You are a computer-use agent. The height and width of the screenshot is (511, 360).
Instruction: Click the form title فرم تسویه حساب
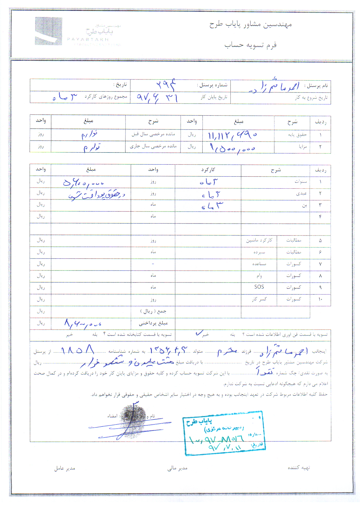coord(250,45)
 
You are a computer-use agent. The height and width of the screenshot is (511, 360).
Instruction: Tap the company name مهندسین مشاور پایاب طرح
coord(250,25)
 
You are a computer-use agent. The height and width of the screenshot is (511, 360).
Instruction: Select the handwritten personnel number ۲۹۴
coord(166,85)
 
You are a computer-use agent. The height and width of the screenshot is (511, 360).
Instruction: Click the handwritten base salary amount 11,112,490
coord(232,135)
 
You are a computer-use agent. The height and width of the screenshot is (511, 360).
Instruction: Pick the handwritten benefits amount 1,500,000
coord(232,148)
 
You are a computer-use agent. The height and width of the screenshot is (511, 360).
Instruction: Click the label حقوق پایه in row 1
coord(297,135)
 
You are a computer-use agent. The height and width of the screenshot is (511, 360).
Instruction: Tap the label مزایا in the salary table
coord(303,147)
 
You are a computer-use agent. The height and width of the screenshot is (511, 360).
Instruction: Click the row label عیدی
coord(301,194)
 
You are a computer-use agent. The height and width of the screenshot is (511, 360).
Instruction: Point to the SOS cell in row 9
coord(259,287)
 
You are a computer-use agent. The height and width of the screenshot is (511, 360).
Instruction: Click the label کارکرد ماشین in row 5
coord(259,240)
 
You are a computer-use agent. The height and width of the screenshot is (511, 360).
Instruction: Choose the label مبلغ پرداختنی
coord(153,323)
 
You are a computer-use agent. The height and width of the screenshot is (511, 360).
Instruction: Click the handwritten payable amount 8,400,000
coord(83,324)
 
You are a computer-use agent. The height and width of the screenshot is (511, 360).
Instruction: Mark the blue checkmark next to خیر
coord(199,333)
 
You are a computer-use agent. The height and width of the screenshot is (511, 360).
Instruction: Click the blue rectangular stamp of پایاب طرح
coord(225,433)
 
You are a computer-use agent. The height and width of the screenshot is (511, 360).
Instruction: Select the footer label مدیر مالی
coord(177,468)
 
